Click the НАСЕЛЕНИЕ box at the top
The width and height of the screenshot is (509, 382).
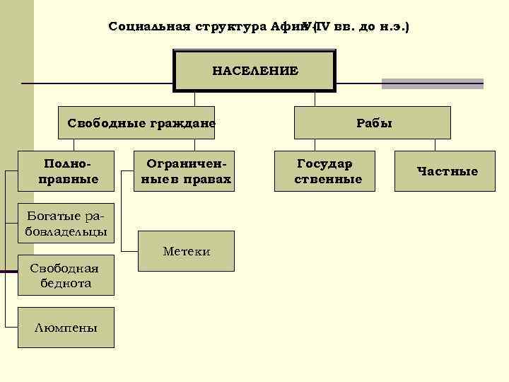[x=255, y=70]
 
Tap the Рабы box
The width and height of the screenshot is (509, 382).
[x=373, y=122]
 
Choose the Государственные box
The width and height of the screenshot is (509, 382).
[x=327, y=170]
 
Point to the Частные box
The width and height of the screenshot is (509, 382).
[x=447, y=170]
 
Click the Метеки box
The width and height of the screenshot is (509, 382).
[x=186, y=251]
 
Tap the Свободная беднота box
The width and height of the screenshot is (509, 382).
[x=66, y=275]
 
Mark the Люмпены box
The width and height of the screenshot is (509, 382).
[x=66, y=327]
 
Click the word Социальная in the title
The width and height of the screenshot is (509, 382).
[x=148, y=27]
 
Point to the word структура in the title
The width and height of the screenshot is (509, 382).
[x=229, y=27]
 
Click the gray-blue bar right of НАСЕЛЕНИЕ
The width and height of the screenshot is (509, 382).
[x=432, y=83]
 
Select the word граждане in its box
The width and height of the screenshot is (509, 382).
[x=182, y=122]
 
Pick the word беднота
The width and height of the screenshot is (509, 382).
[x=66, y=283]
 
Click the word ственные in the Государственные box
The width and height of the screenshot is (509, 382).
[x=327, y=179]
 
